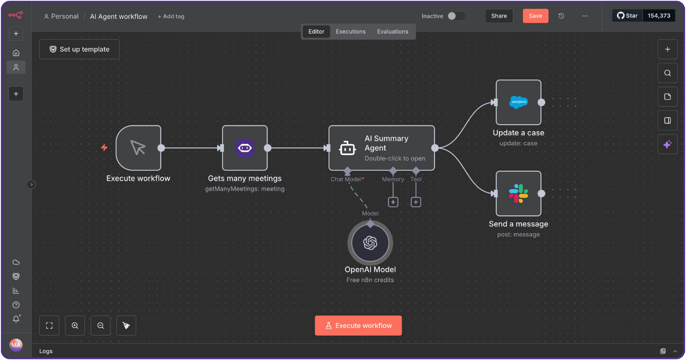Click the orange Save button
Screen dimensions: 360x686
coord(535,16)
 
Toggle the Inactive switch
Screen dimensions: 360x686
coord(456,16)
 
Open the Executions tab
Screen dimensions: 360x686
coord(350,31)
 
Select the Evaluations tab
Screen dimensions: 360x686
coord(392,31)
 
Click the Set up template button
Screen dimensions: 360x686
coord(79,49)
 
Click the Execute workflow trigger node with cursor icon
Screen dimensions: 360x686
coord(138,148)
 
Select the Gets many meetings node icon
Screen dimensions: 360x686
coord(245,148)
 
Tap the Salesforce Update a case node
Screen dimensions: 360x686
coord(518,102)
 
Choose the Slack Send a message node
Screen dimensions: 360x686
coord(518,194)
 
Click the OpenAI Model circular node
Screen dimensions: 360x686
coord(370,243)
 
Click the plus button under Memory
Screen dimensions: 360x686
coord(393,202)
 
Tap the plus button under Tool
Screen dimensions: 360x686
coord(416,202)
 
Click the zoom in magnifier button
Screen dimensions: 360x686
coord(75,326)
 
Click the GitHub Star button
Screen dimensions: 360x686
coord(627,16)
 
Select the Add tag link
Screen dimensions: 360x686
coord(171,16)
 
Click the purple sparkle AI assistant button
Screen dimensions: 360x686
coord(667,145)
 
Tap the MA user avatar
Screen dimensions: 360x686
coord(16,345)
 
